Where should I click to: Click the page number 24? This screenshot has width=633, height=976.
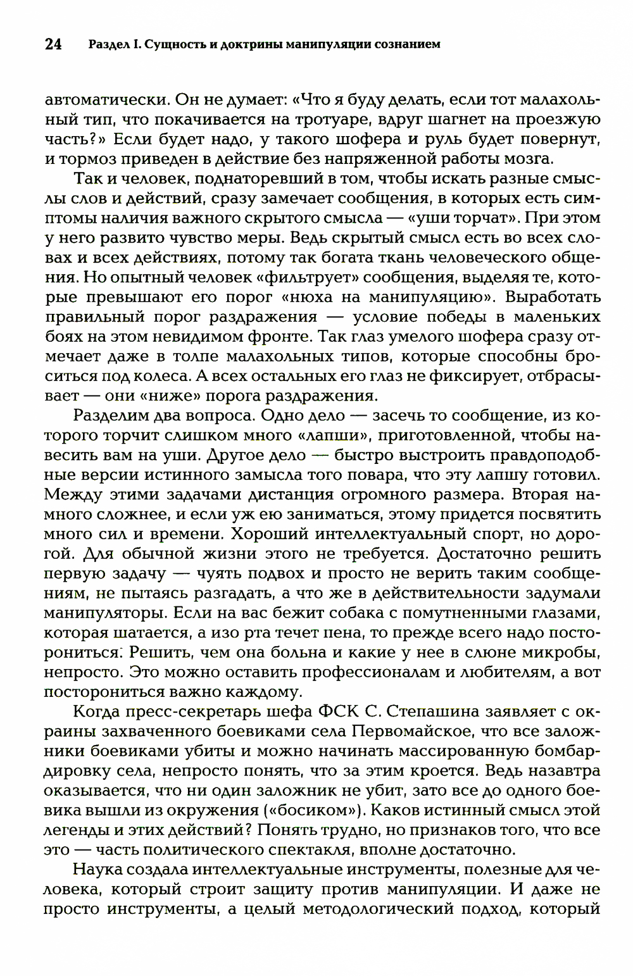pos(53,45)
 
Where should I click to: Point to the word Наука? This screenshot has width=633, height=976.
pos(101,870)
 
